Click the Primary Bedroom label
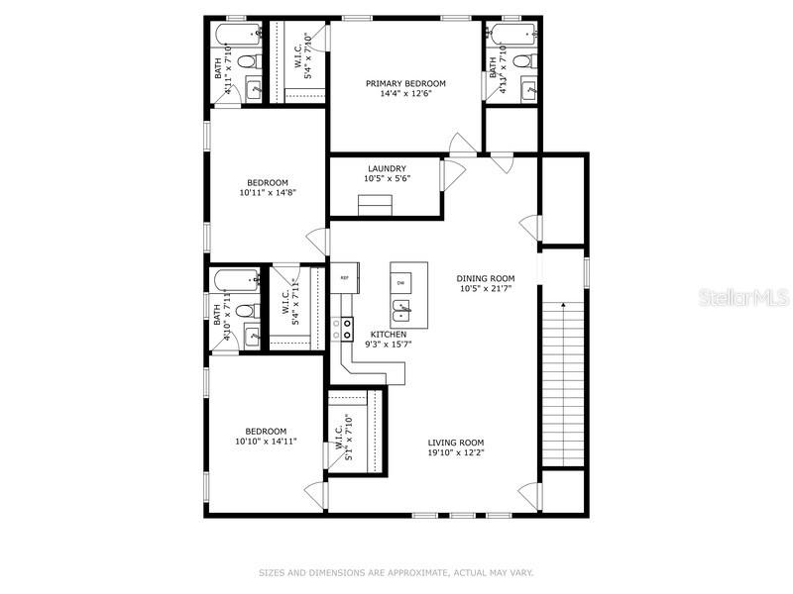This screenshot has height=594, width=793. pos(405,84)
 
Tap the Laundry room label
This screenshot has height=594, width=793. pos(387,168)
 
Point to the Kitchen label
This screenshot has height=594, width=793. pos(389,335)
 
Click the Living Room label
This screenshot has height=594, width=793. pos(455,443)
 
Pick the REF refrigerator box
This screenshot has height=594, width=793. pos(344,278)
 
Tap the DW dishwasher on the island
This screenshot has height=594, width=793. pos(401,283)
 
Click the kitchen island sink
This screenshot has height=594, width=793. pos(401,317)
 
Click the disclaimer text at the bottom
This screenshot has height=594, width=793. pos(396,572)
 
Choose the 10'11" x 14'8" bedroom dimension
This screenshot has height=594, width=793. pos(268,194)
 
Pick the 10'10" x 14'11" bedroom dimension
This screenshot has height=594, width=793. pos(267,443)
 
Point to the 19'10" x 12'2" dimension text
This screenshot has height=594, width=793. pos(455,453)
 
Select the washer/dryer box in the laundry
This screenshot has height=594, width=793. pos(376,205)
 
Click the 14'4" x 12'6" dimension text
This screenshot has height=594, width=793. pos(405,95)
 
